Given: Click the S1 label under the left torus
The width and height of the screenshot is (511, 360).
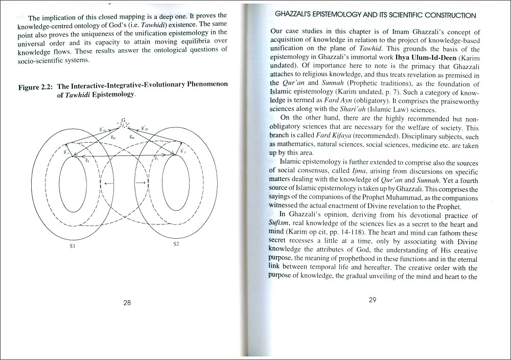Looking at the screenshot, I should [73, 246].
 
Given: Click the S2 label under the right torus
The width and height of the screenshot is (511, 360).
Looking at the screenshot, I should [176, 244].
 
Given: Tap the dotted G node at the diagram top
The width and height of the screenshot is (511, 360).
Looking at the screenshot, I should [123, 123].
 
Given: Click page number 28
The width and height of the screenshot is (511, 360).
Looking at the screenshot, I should [127, 302].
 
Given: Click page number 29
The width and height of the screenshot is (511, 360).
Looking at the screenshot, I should [372, 300].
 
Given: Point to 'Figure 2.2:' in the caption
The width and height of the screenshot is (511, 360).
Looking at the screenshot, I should [36, 87].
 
